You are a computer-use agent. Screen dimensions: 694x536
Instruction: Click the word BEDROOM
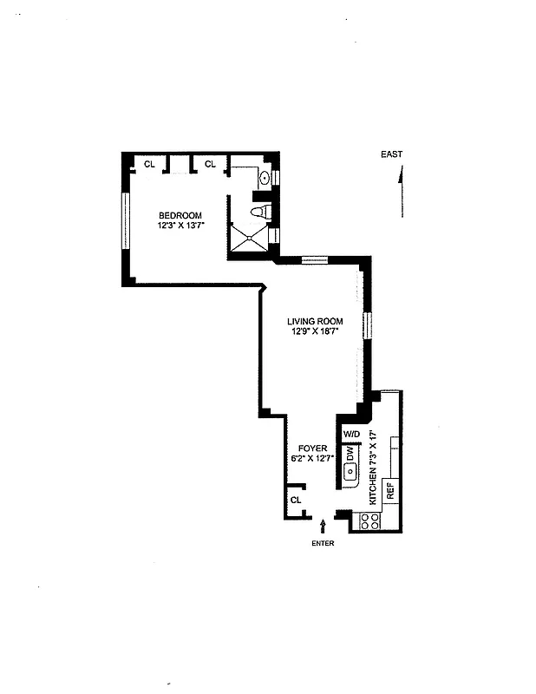[180, 216]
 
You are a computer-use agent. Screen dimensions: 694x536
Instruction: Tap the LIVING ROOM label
[315, 321]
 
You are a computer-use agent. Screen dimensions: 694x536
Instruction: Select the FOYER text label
[314, 448]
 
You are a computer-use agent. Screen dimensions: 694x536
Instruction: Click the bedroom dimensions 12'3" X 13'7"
[180, 226]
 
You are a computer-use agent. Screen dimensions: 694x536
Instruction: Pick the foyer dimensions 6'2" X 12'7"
[314, 458]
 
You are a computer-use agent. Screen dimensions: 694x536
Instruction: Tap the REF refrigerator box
[389, 491]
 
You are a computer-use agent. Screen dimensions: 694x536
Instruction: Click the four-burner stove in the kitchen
[370, 520]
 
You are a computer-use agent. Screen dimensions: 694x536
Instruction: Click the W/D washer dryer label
[351, 434]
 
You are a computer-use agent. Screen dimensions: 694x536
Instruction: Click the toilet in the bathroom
[259, 211]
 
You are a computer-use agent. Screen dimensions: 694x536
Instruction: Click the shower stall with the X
[249, 238]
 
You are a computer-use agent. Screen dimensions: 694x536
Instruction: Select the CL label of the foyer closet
[296, 500]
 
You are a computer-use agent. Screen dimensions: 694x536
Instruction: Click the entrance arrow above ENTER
[324, 525]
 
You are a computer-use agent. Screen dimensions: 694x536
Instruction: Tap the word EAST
[391, 154]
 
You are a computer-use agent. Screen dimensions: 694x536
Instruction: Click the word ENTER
[322, 543]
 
